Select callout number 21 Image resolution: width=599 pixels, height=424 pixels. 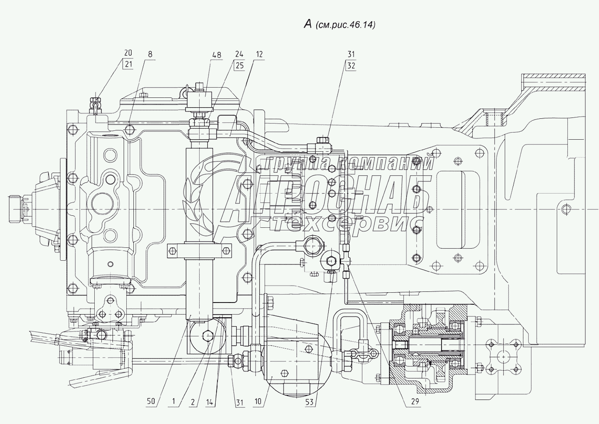click(129, 64)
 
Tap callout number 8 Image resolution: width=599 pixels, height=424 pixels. click(150, 54)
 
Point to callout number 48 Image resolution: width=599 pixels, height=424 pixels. click(217, 55)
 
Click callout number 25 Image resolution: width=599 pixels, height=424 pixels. click(239, 65)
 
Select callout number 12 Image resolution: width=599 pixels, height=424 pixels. click(259, 55)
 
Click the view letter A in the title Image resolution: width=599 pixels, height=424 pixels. click(307, 24)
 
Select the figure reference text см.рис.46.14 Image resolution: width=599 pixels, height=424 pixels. click(346, 25)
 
